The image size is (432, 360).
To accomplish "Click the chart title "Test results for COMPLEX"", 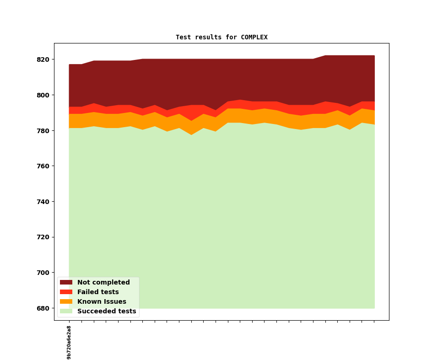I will pos(221,38).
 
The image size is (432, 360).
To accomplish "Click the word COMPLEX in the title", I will pos(254,38).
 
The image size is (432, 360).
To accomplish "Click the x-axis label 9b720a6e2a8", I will pos(69,342).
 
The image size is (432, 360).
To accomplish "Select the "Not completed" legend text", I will pos(103,283).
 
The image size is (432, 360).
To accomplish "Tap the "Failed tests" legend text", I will pos(98,292).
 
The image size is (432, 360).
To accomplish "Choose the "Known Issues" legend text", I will pos(102,302).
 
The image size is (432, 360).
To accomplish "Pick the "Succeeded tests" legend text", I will pos(107,312).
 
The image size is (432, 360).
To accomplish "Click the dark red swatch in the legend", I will pos(66,283).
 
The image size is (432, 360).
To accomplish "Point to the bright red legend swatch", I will pos(66,292).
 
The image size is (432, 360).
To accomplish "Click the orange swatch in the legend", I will pos(66,302).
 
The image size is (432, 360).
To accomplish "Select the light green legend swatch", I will pos(66,312).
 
